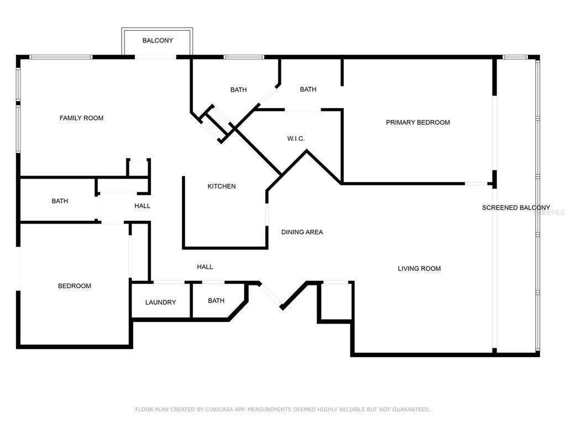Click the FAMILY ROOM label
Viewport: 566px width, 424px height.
pos(81,118)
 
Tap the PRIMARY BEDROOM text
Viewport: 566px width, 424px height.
pos(418,123)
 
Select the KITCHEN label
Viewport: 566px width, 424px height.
pos(222,187)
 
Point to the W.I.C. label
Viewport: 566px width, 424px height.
pos(296,139)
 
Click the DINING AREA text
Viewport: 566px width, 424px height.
pos(302,232)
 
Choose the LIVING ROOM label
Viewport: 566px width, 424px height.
pos(419,269)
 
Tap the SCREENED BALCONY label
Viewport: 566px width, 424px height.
pos(516,208)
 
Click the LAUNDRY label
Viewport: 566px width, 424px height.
pos(160,303)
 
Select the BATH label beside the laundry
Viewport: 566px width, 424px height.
pos(216,301)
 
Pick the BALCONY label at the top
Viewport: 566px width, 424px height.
pos(158,41)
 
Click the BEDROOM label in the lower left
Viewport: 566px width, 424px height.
pos(75,286)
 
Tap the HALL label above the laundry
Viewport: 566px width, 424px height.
pos(205,267)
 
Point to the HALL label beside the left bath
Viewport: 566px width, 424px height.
pos(142,206)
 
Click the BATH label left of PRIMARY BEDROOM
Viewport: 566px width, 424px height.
pos(308,89)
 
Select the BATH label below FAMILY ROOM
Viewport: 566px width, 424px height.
pos(60,202)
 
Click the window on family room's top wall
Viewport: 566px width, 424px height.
pos(61,57)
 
